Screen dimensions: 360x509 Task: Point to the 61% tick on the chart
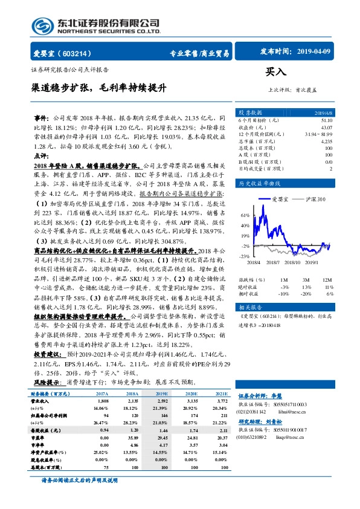tap(245, 215)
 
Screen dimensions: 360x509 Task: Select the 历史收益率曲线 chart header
tap(260, 183)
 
